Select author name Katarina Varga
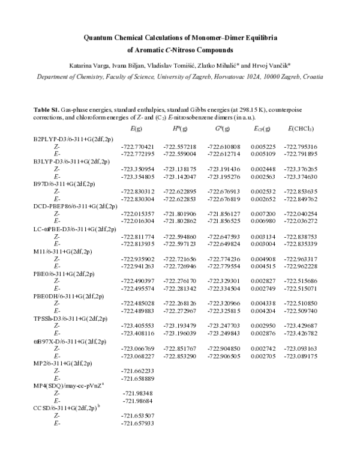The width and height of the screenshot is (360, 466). click(87, 64)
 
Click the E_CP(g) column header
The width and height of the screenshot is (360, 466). click(262, 129)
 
